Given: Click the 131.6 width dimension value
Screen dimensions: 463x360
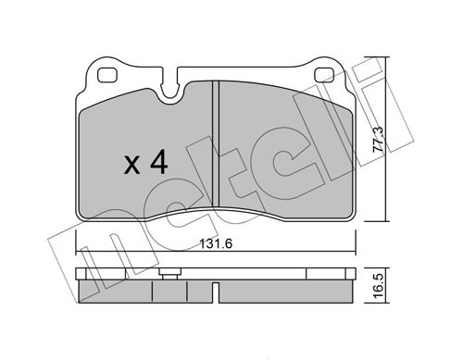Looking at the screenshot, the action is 216,243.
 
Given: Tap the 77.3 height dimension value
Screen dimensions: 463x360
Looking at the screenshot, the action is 379,139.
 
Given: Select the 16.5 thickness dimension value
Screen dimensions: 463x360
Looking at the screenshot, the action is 379,285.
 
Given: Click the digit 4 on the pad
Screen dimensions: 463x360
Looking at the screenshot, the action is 159,164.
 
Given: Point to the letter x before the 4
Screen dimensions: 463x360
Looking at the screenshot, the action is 131,166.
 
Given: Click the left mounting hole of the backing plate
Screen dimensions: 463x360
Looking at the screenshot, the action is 107,75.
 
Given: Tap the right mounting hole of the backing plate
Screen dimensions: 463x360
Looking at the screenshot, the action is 324,75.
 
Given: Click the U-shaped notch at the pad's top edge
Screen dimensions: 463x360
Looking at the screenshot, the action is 169,90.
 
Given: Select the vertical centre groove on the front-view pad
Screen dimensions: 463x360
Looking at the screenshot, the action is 216,143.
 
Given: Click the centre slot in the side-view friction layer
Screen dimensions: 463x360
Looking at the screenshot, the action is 216,292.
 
